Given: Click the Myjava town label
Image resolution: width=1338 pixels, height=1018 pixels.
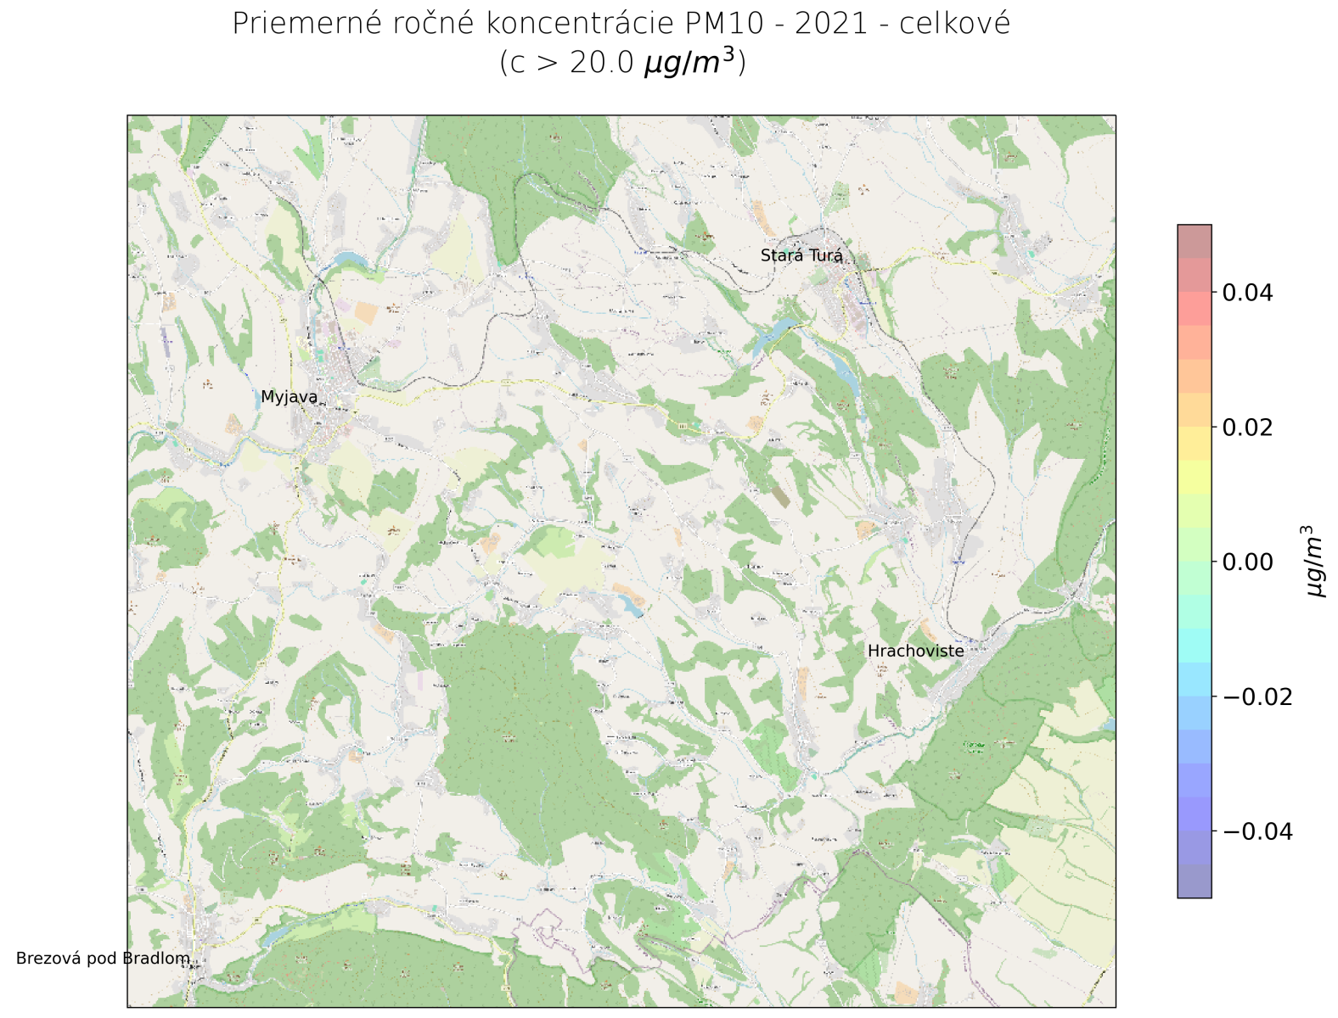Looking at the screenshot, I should point(289,397).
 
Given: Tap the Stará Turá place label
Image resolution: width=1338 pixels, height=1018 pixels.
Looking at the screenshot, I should point(801,255).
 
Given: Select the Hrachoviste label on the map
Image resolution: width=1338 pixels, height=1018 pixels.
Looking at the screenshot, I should point(915,652).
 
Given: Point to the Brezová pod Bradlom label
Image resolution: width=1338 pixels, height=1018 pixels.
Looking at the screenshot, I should point(103,959).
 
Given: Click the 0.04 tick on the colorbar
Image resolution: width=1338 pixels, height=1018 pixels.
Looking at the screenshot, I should point(1246,294).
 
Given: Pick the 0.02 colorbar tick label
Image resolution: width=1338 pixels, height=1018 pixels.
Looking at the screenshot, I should point(1246,428).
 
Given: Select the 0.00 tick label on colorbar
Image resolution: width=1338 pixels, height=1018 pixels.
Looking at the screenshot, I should point(1246,562).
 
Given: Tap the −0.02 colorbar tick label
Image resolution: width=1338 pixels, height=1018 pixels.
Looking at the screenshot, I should point(1256,696).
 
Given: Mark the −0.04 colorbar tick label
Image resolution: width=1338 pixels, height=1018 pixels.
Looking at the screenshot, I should point(1256,831).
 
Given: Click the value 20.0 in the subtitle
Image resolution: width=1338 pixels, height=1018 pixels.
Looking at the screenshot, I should point(601,64).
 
